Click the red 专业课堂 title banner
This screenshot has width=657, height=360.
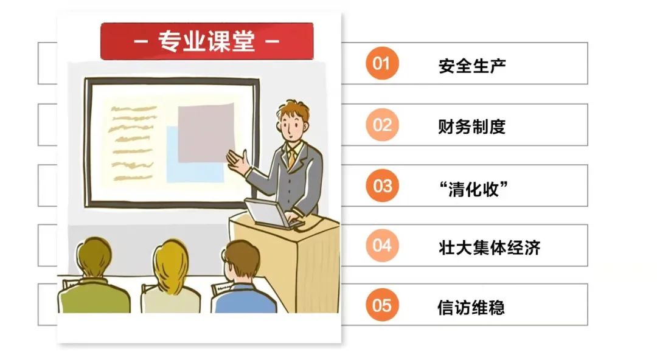click(x=207, y=41)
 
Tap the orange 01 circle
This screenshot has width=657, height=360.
click(x=381, y=63)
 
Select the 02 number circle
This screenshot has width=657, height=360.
click(x=381, y=125)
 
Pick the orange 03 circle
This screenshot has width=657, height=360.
click(x=381, y=185)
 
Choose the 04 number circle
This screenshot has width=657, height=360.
click(x=381, y=246)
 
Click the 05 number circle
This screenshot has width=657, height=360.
click(x=381, y=305)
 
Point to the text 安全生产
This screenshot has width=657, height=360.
click(x=472, y=66)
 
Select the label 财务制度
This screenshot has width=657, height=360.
click(x=472, y=126)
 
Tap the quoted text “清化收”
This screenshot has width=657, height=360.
click(x=473, y=189)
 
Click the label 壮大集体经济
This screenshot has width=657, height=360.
click(x=489, y=247)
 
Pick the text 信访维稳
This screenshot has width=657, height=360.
click(x=471, y=307)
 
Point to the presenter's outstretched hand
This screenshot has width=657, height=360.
click(x=238, y=162)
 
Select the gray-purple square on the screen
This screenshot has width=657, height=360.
click(x=206, y=133)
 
